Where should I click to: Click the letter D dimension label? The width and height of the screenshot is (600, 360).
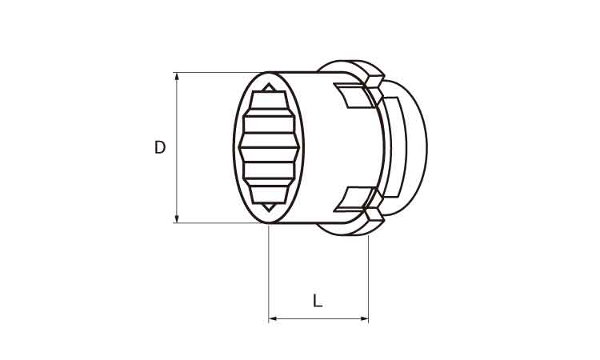[x=160, y=147]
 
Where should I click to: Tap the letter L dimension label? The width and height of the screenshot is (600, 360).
[x=318, y=301]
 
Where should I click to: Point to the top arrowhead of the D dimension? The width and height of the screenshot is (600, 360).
[x=177, y=77]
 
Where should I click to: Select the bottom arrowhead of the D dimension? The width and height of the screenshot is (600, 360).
[x=177, y=218]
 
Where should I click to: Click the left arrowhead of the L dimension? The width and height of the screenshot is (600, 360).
[x=274, y=318]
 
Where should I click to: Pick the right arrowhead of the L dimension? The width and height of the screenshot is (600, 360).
[x=364, y=318]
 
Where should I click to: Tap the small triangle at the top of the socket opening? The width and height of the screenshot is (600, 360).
[x=269, y=88]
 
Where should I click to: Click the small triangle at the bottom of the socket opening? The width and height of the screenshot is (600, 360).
[x=269, y=207]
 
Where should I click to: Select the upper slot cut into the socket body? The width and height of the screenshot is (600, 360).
[x=353, y=95]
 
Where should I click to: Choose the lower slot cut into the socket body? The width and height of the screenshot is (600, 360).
[x=353, y=199]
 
